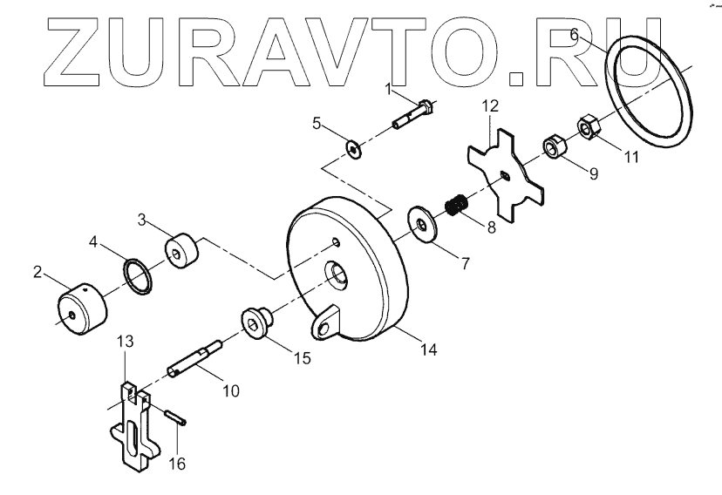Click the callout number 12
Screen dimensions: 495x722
[491, 106]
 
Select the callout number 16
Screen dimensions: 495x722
[177, 464]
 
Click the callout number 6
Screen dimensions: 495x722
[574, 36]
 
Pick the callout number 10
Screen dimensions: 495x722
[230, 391]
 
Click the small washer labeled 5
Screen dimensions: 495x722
[353, 150]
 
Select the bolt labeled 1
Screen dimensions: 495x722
[416, 117]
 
